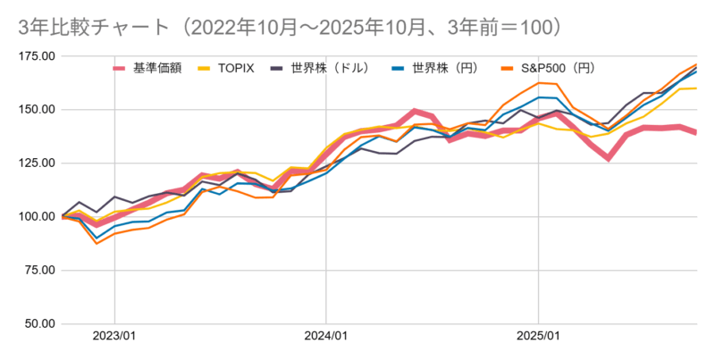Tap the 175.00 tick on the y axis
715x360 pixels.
click(37, 56)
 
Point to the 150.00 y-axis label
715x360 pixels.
click(37, 110)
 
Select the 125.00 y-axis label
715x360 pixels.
click(37, 163)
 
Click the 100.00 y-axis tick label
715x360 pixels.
click(37, 217)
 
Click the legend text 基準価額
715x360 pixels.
click(157, 67)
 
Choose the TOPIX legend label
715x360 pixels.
click(236, 67)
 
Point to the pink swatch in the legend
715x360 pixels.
click(121, 67)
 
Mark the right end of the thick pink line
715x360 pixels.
click(695, 132)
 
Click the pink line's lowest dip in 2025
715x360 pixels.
click(608, 158)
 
